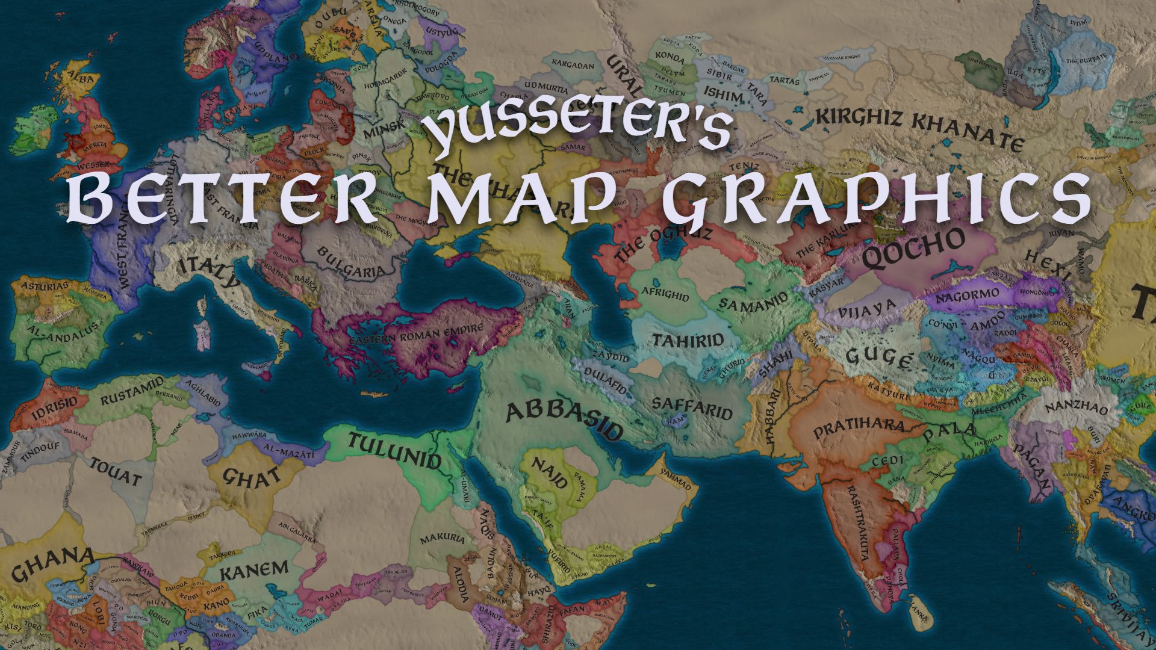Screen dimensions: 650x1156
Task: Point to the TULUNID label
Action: tap(395, 451)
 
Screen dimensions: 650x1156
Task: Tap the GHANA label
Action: tap(54, 562)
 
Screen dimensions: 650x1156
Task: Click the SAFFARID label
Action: tap(692, 407)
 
